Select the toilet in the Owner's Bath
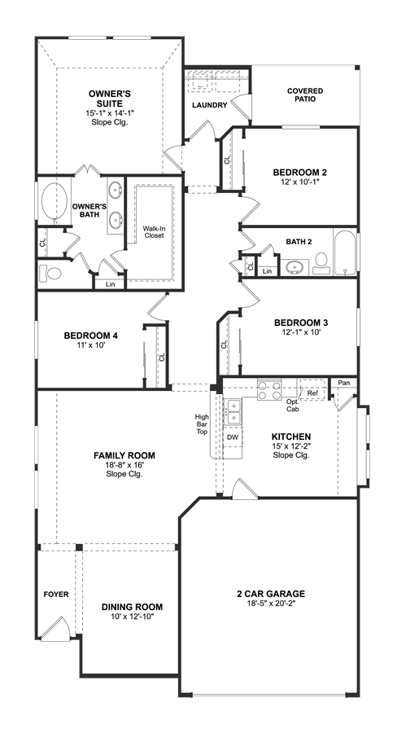pyautogui.click(x=50, y=273)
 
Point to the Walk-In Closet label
pyautogui.click(x=154, y=232)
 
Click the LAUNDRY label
pyautogui.click(x=210, y=105)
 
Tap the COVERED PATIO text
pyautogui.click(x=305, y=95)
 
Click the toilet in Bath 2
pyautogui.click(x=321, y=263)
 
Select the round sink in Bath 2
pyautogui.click(x=295, y=267)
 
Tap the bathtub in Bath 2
pyautogui.click(x=345, y=252)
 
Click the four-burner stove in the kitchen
pyautogui.click(x=270, y=390)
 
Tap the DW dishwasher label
pyautogui.click(x=233, y=437)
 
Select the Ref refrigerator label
pyautogui.click(x=312, y=393)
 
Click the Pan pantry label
pyautogui.click(x=344, y=383)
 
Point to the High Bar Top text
pyautogui.click(x=203, y=424)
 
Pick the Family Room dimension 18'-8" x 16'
pyautogui.click(x=124, y=465)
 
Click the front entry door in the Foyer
pyautogui.click(x=55, y=628)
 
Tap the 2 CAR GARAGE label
pyautogui.click(x=271, y=594)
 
